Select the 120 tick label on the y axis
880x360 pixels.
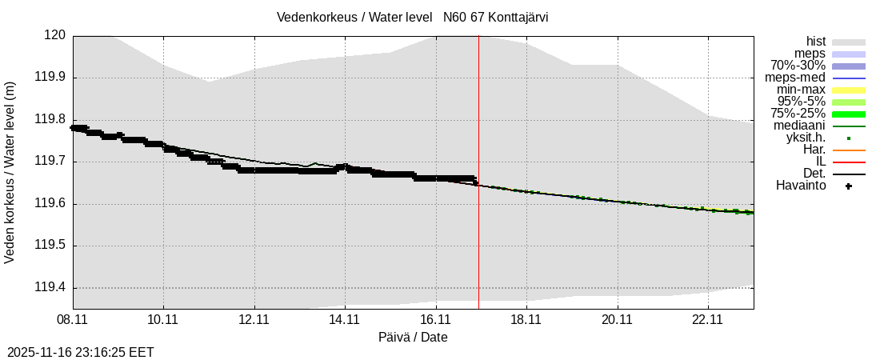click(x=54, y=35)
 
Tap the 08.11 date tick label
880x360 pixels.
click(x=73, y=319)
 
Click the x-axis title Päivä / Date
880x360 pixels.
click(x=413, y=337)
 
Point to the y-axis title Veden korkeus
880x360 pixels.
click(x=10, y=172)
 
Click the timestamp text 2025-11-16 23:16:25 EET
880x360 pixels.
click(x=81, y=352)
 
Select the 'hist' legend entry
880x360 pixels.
click(x=816, y=42)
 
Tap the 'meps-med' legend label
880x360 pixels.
click(x=795, y=78)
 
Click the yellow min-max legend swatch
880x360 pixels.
click(x=849, y=90)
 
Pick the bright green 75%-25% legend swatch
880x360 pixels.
click(x=849, y=114)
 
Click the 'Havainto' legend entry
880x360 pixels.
click(x=801, y=186)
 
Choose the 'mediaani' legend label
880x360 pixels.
click(x=799, y=126)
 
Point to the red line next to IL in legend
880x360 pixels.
click(x=849, y=162)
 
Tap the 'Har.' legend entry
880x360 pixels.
click(x=814, y=150)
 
